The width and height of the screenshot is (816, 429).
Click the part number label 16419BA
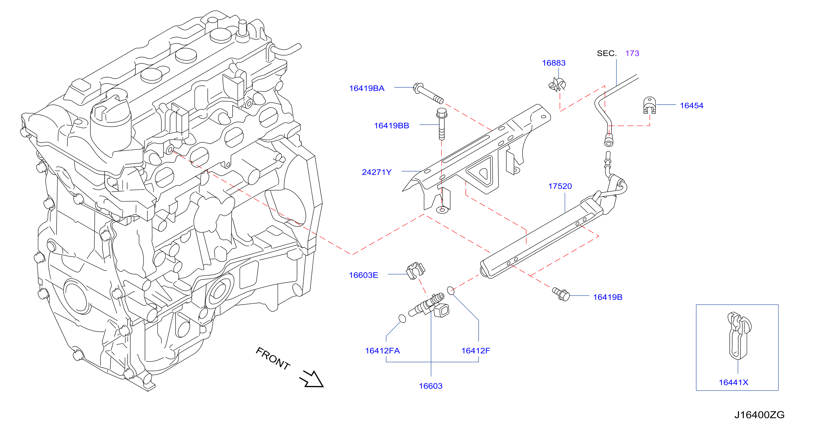[x=366, y=88]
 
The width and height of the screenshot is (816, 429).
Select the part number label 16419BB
[x=392, y=125]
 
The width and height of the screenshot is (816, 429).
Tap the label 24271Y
[x=377, y=172]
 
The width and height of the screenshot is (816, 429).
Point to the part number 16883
[x=554, y=63]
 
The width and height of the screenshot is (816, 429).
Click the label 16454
[x=692, y=106]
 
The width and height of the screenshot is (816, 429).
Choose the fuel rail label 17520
[x=560, y=186]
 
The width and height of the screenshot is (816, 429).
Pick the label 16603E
[x=363, y=275]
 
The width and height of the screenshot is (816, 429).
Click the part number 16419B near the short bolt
[x=608, y=297]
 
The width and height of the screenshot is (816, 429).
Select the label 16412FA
[x=382, y=351]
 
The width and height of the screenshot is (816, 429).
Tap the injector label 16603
[x=431, y=386]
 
